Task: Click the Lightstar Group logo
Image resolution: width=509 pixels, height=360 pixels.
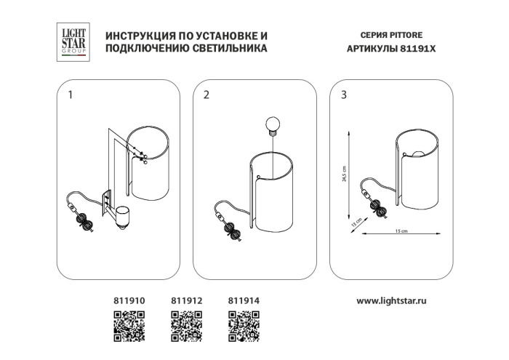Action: coord(73,42)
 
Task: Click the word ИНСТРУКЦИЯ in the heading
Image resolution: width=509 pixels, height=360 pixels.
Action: coord(137,36)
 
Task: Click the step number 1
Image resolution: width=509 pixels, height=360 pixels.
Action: coord(71,95)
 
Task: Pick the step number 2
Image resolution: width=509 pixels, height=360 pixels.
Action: coord(207,95)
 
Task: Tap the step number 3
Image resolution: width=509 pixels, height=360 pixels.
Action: coord(344,95)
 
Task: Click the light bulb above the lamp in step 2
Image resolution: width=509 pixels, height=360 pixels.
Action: coord(273,126)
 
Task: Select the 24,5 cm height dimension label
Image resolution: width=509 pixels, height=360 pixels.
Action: coord(345,174)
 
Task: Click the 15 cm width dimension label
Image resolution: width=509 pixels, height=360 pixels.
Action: coord(401,231)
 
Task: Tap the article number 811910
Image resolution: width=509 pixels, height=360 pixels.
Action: coord(129,301)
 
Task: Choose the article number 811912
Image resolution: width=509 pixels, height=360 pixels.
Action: coord(187,301)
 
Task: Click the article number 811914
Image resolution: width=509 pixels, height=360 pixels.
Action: coord(244,301)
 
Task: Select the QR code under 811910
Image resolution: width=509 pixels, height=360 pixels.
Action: coord(129,327)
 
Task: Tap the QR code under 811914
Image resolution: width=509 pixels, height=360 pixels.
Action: coord(244,327)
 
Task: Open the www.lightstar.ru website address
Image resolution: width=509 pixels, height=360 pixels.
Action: coord(391,301)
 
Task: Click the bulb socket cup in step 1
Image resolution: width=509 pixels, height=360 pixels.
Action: coord(122,217)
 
